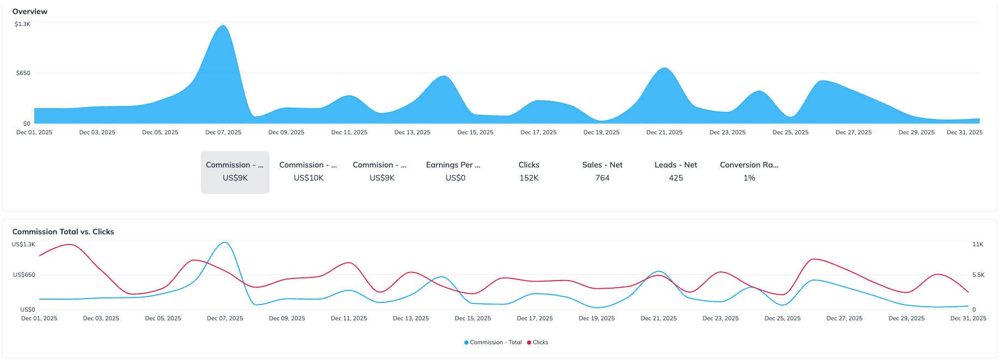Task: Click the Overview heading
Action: [x=29, y=11]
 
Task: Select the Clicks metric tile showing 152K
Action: [x=529, y=171]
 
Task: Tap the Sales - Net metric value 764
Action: [x=602, y=178]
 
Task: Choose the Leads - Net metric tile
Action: [x=676, y=171]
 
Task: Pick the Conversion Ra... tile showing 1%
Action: [x=749, y=171]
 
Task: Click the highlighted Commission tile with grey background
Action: [x=235, y=172]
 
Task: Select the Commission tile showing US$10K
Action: [x=308, y=171]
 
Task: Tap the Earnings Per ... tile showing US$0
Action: [x=455, y=171]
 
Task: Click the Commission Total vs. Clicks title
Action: [x=63, y=232]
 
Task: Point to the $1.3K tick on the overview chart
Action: [x=23, y=24]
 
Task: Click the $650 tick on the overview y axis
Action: [x=23, y=73]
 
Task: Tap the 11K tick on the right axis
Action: [x=978, y=244]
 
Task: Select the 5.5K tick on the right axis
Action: [x=978, y=275]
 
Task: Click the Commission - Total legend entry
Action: [x=493, y=342]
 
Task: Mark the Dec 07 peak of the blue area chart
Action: [x=223, y=26]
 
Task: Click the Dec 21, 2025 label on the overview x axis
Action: [x=664, y=132]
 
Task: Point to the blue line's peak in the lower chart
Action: [x=225, y=243]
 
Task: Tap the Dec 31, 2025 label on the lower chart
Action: [x=968, y=318]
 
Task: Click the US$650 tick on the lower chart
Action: [x=24, y=275]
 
